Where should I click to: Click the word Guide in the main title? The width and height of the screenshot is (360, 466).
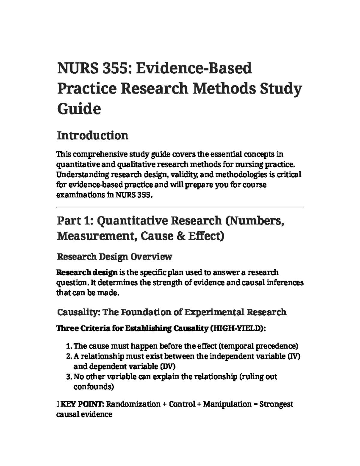[x=79, y=109]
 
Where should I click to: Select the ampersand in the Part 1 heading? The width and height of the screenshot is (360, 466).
[x=180, y=236]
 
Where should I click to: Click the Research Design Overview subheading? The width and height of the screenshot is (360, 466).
[x=114, y=257]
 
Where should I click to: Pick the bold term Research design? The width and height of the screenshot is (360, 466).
[x=87, y=272]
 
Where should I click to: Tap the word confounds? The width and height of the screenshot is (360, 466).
[x=93, y=387]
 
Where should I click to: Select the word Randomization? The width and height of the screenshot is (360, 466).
[x=133, y=404]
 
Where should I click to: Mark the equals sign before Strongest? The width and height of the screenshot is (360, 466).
[x=256, y=404]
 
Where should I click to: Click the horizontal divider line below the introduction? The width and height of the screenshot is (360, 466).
[x=180, y=207]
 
